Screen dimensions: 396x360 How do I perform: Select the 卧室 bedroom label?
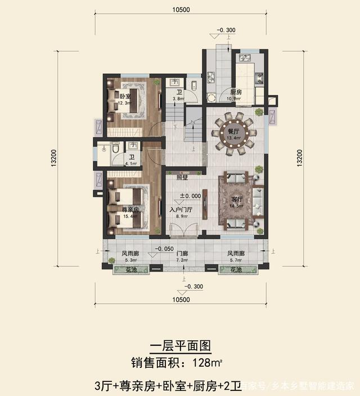click(125, 96)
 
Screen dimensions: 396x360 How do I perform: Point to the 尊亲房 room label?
click(130, 209)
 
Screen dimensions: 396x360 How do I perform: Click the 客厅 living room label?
click(237, 200)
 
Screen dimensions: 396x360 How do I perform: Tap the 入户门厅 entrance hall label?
click(181, 209)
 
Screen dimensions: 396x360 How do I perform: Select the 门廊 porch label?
click(182, 254)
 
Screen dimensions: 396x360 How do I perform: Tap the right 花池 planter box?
click(236, 271)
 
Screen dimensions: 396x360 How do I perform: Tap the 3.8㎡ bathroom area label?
click(179, 99)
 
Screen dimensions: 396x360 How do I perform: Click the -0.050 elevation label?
click(165, 248)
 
